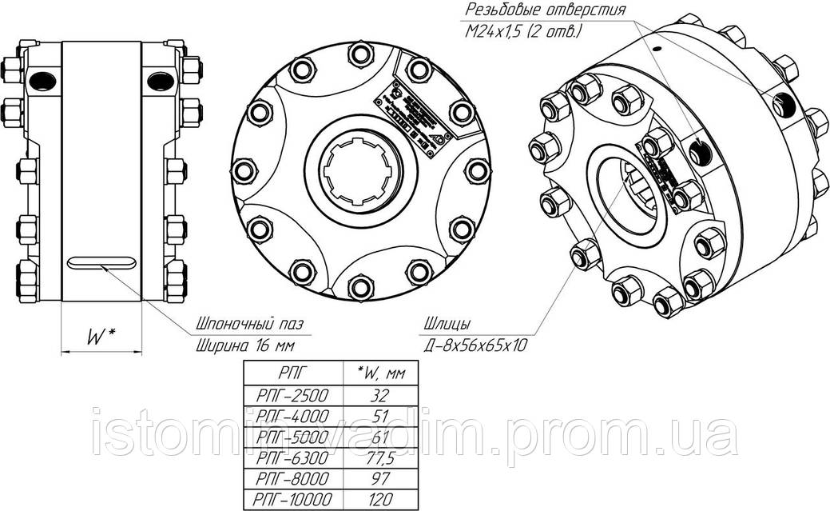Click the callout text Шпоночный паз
[x=250, y=325]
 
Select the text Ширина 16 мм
[x=244, y=345]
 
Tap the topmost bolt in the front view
[x=359, y=55]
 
